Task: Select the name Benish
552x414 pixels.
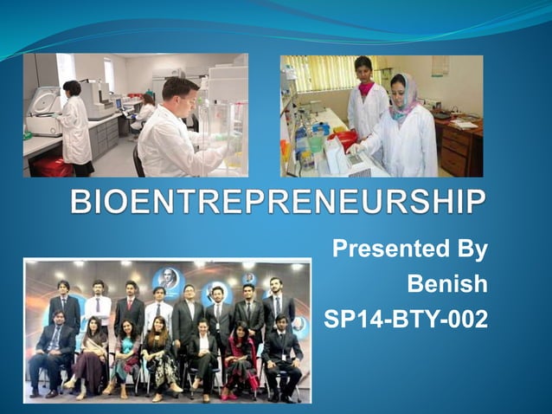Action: point(447,284)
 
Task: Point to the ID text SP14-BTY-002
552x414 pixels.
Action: point(405,319)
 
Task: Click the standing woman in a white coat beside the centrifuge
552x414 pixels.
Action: point(75,126)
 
